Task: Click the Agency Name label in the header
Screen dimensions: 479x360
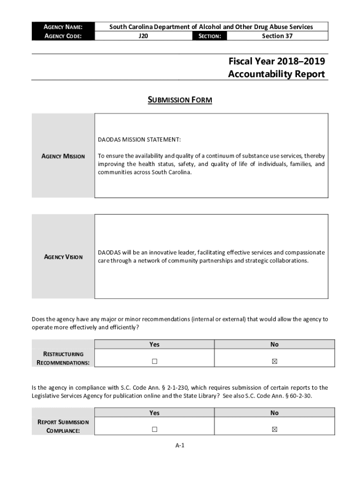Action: (63, 27)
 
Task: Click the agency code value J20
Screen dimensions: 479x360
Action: (144, 36)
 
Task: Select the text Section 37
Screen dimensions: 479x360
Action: (277, 36)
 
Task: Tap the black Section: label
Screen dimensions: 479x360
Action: (209, 36)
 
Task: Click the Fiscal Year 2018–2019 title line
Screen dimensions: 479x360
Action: (276, 61)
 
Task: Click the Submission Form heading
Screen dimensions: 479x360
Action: (180, 100)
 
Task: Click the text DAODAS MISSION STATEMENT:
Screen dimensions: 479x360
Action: (139, 139)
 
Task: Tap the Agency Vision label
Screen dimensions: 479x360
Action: (63, 257)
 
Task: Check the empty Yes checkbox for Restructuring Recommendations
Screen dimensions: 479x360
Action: (154, 361)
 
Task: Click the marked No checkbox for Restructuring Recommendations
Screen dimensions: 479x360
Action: (274, 361)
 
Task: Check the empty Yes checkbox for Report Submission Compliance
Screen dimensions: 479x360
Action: (154, 429)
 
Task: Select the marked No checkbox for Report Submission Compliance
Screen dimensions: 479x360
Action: (274, 429)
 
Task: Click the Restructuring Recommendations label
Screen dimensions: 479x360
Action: (63, 358)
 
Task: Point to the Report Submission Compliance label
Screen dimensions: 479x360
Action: (63, 426)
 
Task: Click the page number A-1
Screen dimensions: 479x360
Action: (180, 446)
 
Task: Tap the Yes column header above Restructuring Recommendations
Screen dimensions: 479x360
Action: (154, 344)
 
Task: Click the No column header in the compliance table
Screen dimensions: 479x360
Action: (274, 413)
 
